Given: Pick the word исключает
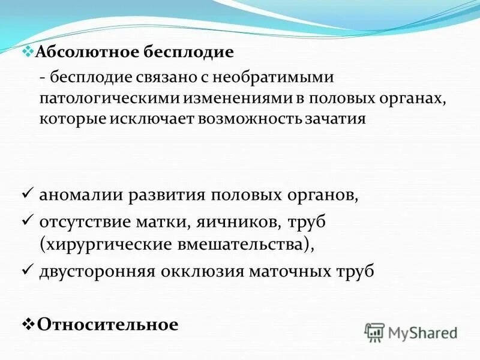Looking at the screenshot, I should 150,118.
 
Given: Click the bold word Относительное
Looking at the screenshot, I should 108,325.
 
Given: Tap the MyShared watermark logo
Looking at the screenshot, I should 411,332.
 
